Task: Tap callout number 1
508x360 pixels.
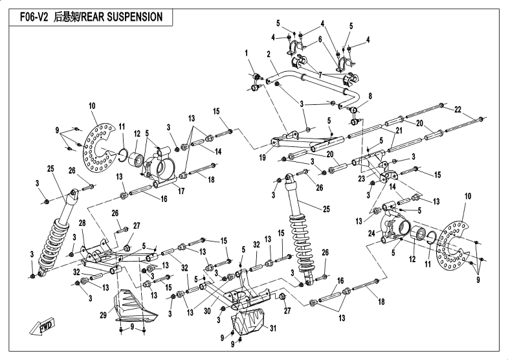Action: point(247,52)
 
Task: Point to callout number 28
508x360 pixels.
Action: point(82,223)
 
